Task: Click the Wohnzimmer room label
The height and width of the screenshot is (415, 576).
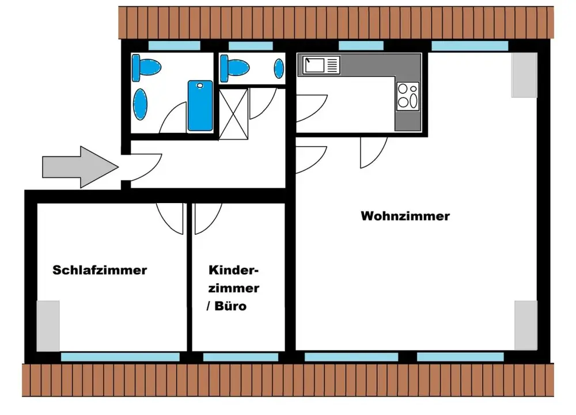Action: pos(405,216)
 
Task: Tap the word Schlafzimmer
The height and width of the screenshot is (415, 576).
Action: pos(100,270)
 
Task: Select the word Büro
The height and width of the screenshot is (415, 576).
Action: pos(230,306)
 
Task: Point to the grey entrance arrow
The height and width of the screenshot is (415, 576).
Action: pos(81,167)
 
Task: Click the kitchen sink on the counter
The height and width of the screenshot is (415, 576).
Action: pos(321,65)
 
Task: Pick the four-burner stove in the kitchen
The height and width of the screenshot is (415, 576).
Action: pos(408,96)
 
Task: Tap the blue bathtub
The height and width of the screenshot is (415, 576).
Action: pos(200,106)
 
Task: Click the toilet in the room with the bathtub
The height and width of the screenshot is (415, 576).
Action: pos(146,68)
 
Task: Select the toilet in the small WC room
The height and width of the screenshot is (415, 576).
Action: pos(234,68)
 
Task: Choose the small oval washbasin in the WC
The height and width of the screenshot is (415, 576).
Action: pos(279,68)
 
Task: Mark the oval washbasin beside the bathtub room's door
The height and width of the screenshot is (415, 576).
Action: pos(140,104)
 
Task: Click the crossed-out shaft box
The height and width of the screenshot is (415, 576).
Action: pos(234,114)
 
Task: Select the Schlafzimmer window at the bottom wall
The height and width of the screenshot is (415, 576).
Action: pos(120,357)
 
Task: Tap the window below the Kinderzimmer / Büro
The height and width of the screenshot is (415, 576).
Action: pos(241,357)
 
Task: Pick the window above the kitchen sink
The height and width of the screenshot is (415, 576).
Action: pos(361,45)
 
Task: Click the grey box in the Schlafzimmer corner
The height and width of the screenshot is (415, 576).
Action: pos(48,326)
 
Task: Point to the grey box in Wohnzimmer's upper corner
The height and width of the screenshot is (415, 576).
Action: pos(524,75)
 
